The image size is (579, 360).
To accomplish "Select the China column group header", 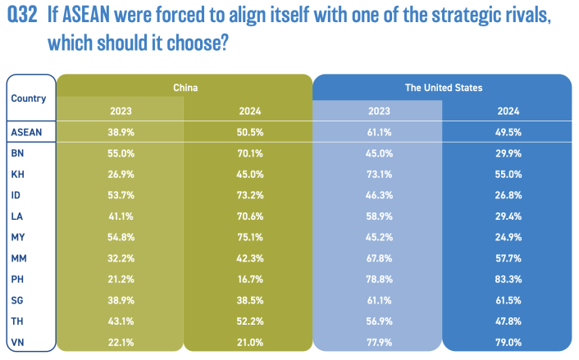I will pyautogui.click(x=186, y=87).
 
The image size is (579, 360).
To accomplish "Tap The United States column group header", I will pyautogui.click(x=444, y=87).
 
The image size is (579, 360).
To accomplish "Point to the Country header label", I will pyautogui.click(x=29, y=98).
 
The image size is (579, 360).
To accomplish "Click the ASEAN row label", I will pyautogui.click(x=26, y=131).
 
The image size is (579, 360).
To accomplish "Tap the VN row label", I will pyautogui.click(x=17, y=341).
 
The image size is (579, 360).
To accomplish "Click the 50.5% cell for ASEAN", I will pyautogui.click(x=251, y=131).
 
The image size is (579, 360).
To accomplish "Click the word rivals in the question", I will pyautogui.click(x=518, y=18).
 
